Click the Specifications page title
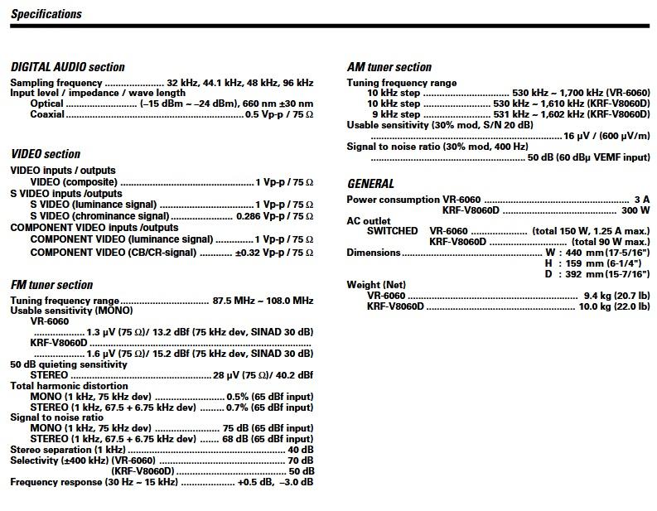[x=47, y=14]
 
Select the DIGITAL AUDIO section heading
[x=68, y=67]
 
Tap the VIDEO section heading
[x=46, y=154]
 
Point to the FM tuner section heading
[x=51, y=285]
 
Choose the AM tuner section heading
[x=389, y=67]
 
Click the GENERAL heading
[x=370, y=184]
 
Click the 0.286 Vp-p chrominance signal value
[x=274, y=216]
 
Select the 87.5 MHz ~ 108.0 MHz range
[x=263, y=301]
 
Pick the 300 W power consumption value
[x=636, y=210]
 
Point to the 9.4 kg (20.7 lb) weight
[x=616, y=296]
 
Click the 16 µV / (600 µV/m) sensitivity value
[x=606, y=136]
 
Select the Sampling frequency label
[x=56, y=83]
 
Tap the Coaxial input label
[x=47, y=114]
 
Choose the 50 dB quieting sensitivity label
[x=69, y=364]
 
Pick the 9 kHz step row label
[x=395, y=114]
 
